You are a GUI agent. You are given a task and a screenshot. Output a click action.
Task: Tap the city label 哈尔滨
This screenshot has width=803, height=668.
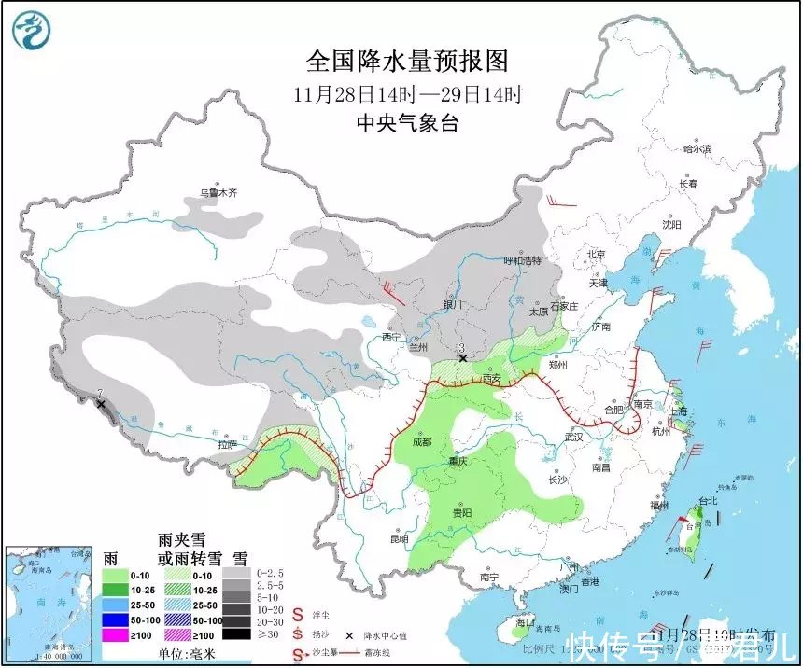pyautogui.click(x=697, y=148)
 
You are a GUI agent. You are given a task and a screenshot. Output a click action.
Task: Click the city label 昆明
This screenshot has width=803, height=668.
pyautogui.click(x=399, y=538)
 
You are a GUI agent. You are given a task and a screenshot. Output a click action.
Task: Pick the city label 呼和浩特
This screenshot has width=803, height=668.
pyautogui.click(x=523, y=260)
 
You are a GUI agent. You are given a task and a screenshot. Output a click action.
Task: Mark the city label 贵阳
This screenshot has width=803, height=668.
pyautogui.click(x=460, y=512)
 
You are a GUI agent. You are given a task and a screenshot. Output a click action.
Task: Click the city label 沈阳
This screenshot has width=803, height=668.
pyautogui.click(x=671, y=225)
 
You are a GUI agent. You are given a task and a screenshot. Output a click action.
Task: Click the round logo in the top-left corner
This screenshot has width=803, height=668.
pyautogui.click(x=31, y=31)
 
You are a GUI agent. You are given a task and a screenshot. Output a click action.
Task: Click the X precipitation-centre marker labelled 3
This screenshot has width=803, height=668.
pyautogui.click(x=461, y=358)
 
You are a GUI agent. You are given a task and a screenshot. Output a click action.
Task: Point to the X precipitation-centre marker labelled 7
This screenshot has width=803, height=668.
pyautogui.click(x=101, y=404)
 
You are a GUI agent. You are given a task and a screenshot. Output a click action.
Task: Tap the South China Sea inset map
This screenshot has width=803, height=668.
pyautogui.click(x=49, y=604)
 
